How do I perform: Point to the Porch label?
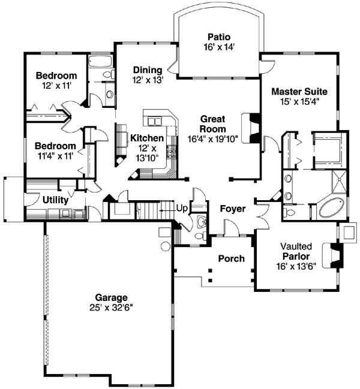(231, 259)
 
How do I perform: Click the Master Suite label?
(299, 92)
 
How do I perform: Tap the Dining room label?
(148, 70)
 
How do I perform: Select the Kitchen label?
(146, 138)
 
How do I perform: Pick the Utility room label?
(55, 200)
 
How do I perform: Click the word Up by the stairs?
(181, 208)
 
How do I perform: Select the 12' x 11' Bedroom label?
(56, 76)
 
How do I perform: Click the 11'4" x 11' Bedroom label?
(55, 146)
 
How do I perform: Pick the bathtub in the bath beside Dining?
(100, 61)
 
